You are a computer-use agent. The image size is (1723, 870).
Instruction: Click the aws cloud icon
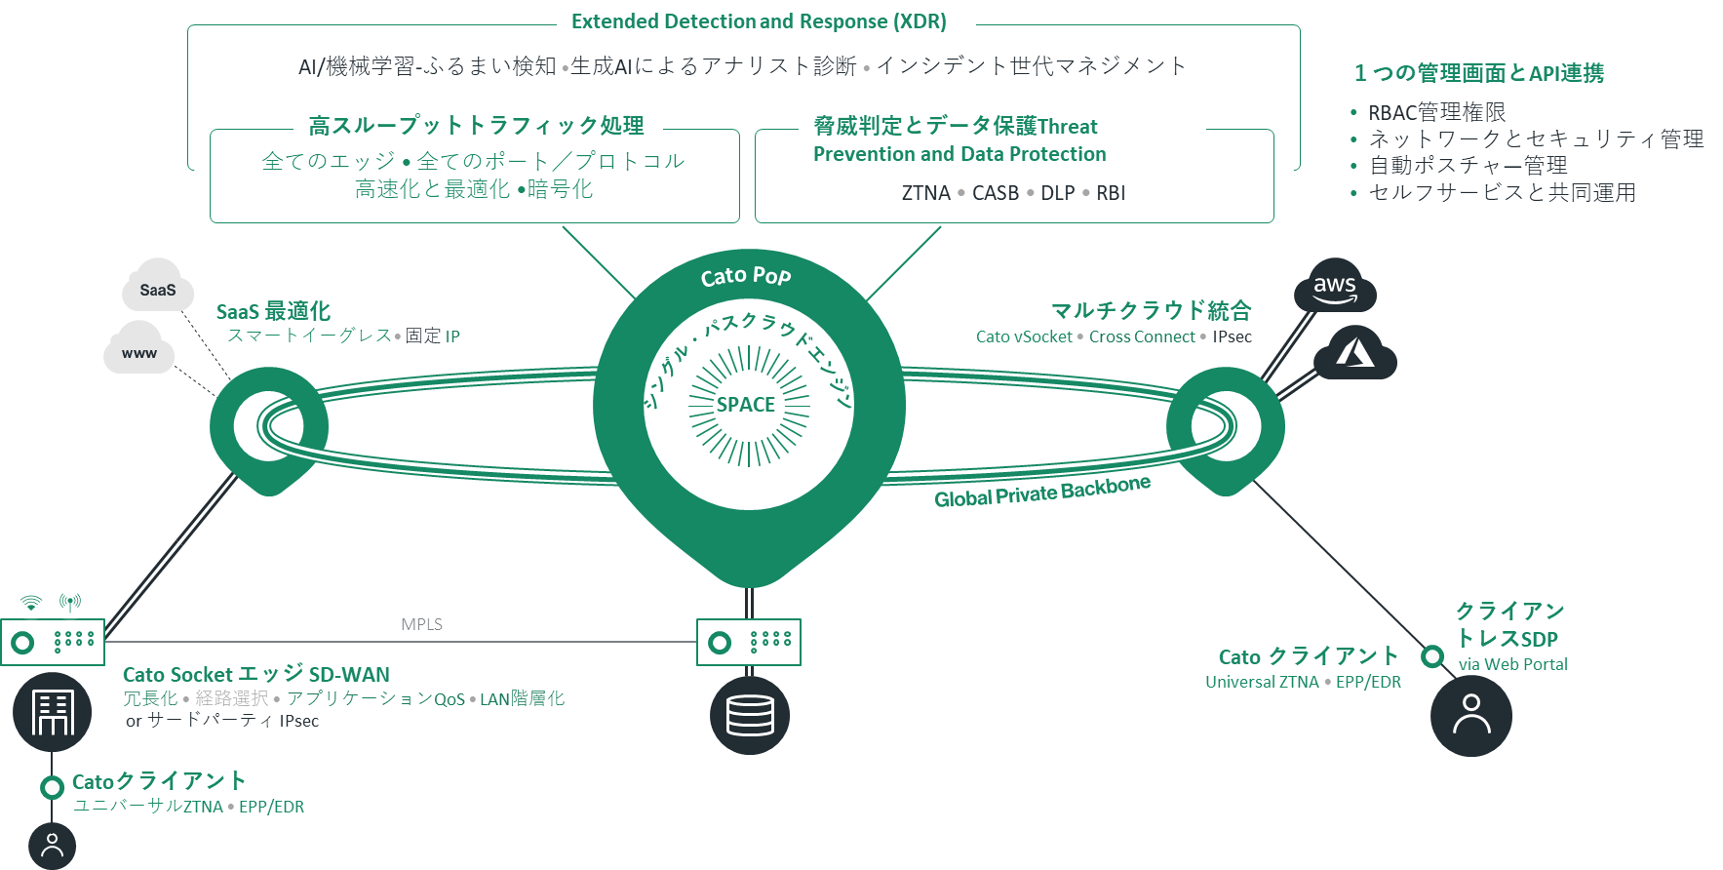point(1334,287)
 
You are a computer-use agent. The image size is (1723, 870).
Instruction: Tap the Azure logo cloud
point(1355,355)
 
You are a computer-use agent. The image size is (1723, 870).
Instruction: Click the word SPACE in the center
point(746,405)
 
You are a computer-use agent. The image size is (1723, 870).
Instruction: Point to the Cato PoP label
point(746,276)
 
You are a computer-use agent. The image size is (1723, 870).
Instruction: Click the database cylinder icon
point(749,716)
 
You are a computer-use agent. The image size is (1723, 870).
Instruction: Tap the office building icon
point(53,712)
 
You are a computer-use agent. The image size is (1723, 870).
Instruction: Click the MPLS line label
point(421,624)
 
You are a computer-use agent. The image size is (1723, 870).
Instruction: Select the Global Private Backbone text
point(1041,493)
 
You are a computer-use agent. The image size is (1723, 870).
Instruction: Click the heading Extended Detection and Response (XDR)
point(759,21)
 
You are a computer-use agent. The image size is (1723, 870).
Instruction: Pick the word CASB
point(995,193)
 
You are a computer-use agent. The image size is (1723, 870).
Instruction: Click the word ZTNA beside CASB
point(925,193)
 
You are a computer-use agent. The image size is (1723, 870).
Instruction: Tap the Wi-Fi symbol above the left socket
point(31,602)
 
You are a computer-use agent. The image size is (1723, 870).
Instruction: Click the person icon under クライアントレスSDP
point(1470,716)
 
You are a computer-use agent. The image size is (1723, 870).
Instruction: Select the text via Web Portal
point(1512,664)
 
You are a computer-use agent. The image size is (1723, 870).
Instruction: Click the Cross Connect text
point(1141,336)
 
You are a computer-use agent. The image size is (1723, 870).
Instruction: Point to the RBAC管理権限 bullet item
point(1436,112)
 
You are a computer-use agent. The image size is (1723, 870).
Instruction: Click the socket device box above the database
point(749,642)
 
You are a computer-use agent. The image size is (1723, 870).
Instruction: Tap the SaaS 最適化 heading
point(273,311)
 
